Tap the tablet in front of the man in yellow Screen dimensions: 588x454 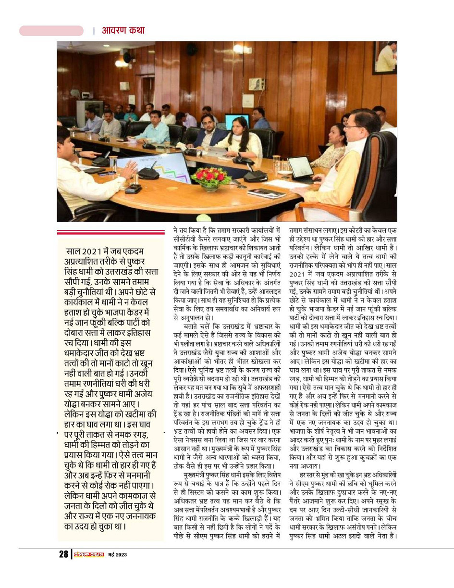click(301, 168)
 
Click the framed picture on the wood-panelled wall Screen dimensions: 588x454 click(385, 57)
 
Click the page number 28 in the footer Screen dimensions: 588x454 click(63, 554)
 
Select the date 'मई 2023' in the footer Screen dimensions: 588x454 click(117, 555)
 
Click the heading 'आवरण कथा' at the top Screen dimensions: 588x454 click(123, 31)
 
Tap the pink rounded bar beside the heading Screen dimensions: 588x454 click(51, 31)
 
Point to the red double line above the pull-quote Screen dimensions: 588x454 click(110, 233)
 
